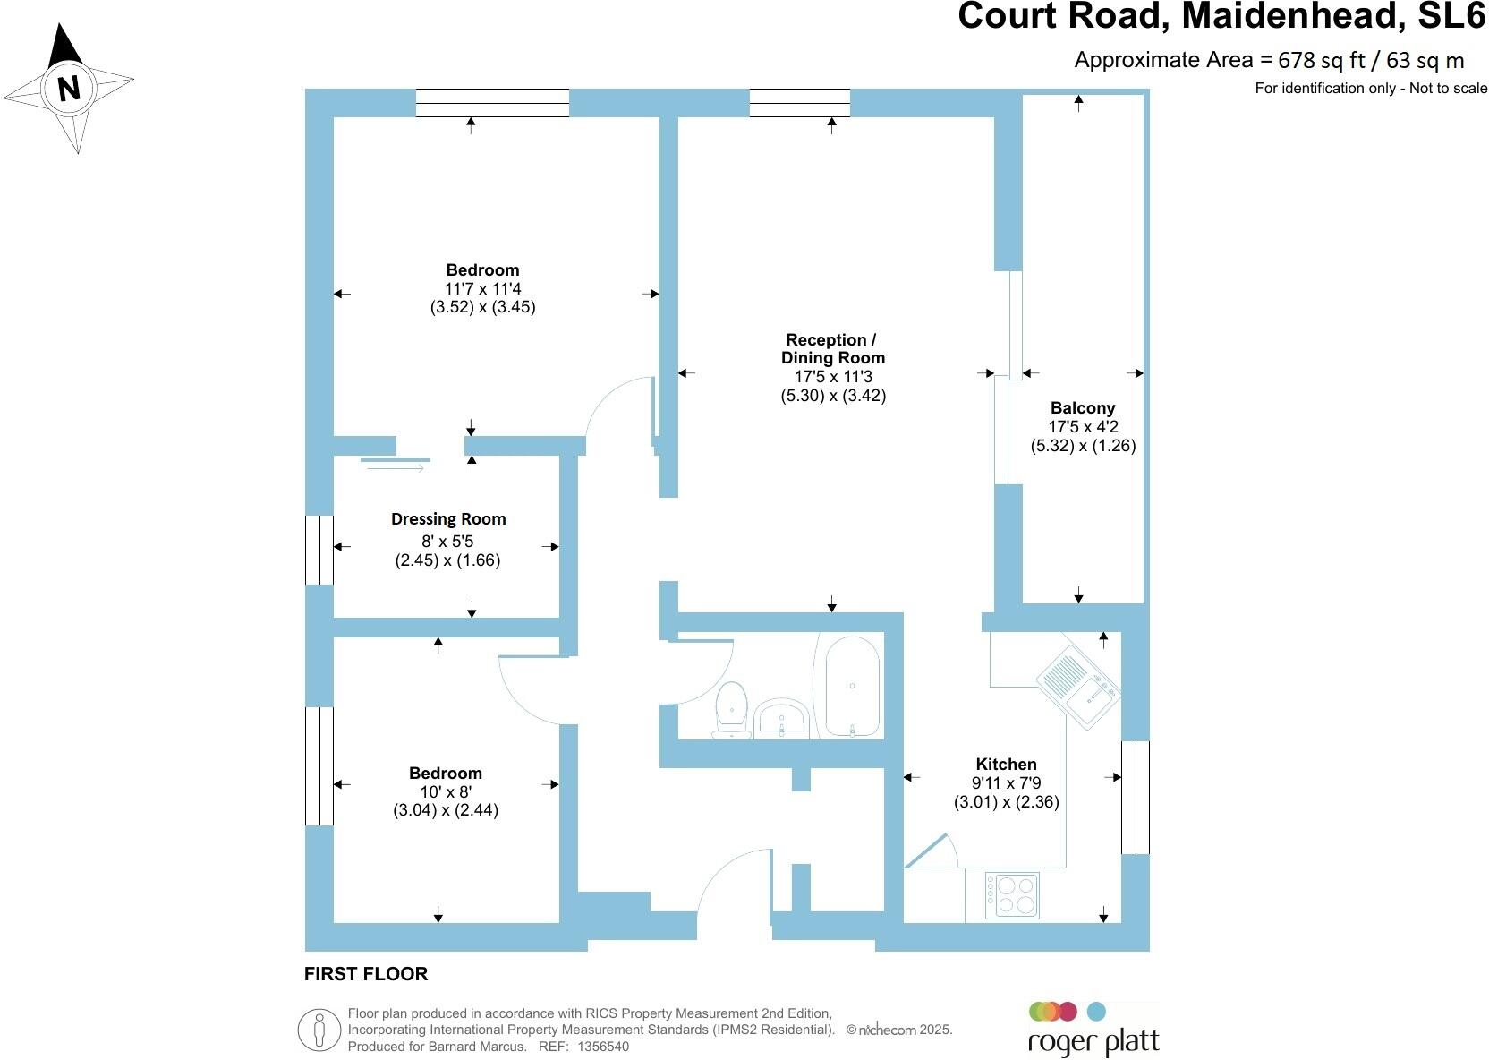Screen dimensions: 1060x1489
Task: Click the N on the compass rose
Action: (x=69, y=89)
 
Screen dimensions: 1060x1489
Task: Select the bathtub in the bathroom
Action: (x=851, y=687)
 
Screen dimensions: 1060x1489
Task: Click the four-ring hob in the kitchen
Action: (x=1013, y=894)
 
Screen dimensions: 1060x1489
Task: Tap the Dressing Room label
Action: (x=448, y=519)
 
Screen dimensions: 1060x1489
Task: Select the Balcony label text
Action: (x=1083, y=408)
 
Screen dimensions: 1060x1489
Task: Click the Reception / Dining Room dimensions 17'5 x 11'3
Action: (x=832, y=377)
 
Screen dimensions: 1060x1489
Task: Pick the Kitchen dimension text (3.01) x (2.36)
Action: (x=1006, y=802)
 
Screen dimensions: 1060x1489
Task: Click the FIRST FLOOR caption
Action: (x=366, y=974)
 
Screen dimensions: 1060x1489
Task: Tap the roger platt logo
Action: (x=1093, y=1030)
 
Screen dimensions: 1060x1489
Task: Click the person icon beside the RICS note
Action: (x=319, y=1030)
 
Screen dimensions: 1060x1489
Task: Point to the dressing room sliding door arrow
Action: (x=396, y=465)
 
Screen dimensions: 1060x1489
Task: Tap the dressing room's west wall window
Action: (x=319, y=550)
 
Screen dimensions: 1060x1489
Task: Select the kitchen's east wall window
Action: (x=1135, y=797)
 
